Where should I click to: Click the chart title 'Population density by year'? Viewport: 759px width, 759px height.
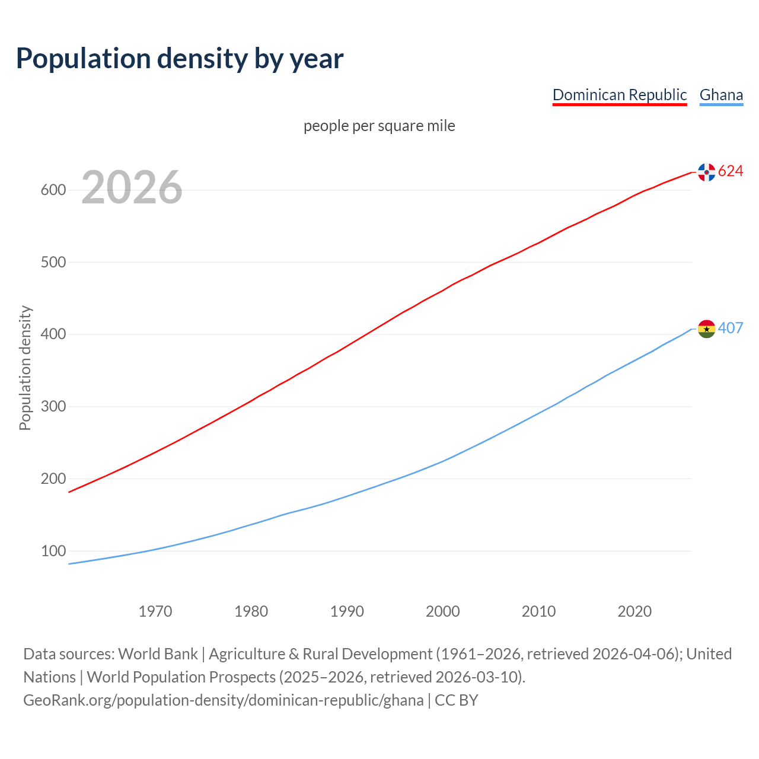[180, 59]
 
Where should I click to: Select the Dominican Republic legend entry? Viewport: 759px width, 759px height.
[619, 95]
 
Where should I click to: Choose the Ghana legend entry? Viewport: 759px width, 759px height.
[721, 95]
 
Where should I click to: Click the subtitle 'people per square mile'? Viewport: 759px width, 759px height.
[379, 126]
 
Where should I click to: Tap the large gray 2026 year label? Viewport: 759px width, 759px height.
[132, 187]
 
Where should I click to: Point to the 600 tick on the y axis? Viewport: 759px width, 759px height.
[53, 190]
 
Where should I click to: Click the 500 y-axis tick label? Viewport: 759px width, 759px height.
[53, 262]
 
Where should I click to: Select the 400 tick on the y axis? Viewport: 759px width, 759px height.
[53, 334]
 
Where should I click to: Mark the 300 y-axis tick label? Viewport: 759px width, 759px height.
[53, 407]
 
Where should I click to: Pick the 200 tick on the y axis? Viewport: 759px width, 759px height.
[53, 479]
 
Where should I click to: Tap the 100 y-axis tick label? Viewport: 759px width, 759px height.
[53, 551]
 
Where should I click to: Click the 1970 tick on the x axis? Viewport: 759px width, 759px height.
[155, 611]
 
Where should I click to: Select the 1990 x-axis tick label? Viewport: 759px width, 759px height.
[347, 611]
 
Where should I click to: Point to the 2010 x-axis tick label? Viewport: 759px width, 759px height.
[538, 611]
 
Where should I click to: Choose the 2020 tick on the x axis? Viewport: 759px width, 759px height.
[634, 611]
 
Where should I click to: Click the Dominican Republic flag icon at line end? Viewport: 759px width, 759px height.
[706, 172]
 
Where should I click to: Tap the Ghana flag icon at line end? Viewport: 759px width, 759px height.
[706, 329]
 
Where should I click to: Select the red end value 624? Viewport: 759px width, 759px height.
[731, 171]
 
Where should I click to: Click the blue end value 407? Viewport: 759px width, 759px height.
[731, 328]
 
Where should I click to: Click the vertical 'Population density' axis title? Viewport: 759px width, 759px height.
[25, 368]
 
